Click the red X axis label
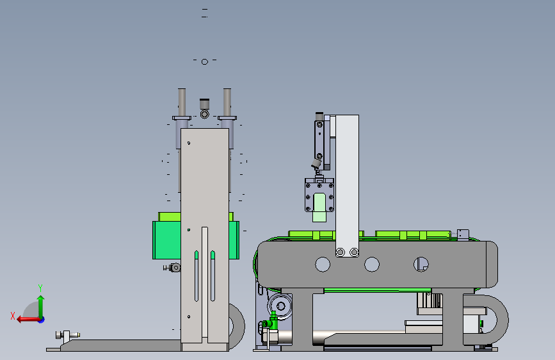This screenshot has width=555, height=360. [13, 316]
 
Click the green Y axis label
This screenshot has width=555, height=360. [40, 288]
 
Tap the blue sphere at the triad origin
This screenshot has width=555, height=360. [42, 320]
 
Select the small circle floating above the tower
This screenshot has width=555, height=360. [205, 62]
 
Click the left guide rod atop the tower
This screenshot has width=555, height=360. [182, 102]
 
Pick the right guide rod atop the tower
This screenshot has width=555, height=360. [227, 102]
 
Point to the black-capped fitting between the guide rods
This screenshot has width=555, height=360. [205, 104]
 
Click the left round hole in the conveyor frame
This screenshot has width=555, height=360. [323, 265]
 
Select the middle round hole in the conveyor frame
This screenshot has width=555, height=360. [372, 265]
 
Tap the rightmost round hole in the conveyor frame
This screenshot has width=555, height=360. [421, 265]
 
